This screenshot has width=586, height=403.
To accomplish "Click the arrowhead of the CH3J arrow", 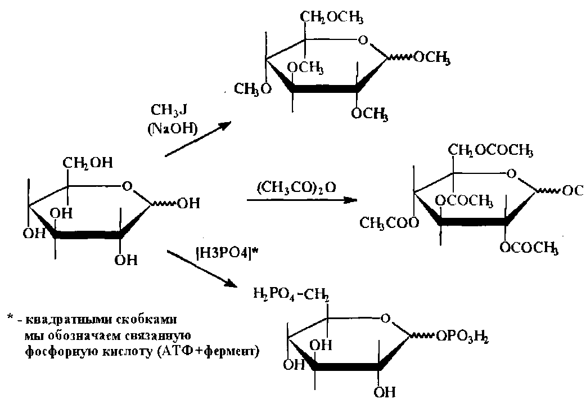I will tap(227, 126).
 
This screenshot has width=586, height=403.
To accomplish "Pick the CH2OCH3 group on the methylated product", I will tap(332, 19).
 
